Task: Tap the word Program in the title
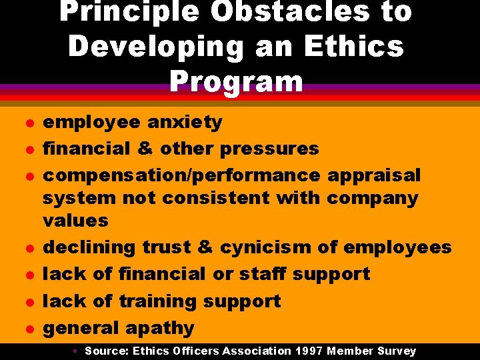point(237,81)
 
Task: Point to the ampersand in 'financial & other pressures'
point(145,148)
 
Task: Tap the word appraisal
point(374,175)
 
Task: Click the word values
point(75,220)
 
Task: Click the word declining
point(89,247)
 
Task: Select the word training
point(158,301)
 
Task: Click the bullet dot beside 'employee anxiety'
point(27,123)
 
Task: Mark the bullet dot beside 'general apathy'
point(27,329)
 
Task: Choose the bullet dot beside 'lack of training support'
point(27,302)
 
